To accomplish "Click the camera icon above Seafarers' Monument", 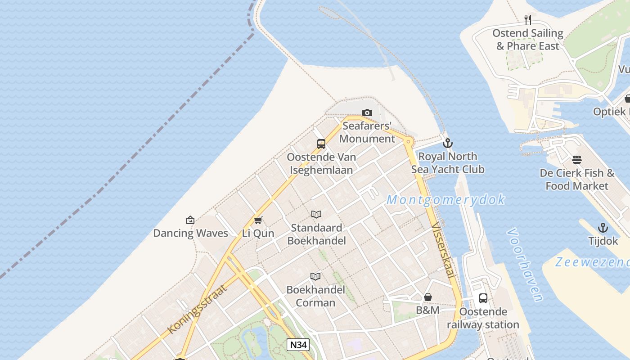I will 367,112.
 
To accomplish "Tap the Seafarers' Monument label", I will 367,132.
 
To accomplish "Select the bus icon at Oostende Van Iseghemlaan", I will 321,144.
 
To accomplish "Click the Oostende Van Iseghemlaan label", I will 321,163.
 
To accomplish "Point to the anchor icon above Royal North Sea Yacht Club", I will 447,143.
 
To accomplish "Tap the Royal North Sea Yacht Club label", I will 448,163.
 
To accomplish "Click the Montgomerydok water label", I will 445,200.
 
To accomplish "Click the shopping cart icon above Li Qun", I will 258,220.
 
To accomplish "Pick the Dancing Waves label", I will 191,233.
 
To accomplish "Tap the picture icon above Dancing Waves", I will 190,220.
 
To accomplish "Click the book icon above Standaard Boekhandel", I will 316,215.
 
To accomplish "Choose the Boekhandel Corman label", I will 316,296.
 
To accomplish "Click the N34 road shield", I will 298,345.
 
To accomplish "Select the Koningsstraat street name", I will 197,309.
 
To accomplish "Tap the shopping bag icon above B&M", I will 428,297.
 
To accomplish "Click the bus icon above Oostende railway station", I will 483,298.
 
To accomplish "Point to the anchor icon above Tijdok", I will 603,228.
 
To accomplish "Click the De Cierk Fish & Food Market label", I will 577,179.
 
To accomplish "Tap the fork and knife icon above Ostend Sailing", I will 528,19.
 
